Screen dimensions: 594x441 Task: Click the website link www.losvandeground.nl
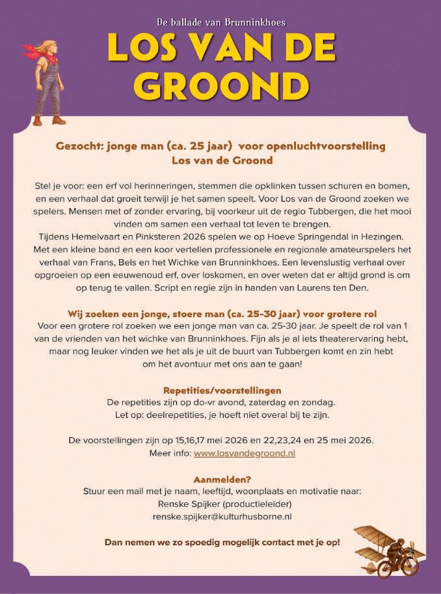[244, 453]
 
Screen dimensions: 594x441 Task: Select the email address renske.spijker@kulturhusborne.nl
[221, 516]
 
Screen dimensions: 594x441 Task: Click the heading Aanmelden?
[221, 478]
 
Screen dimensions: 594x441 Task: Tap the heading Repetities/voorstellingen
[222, 390]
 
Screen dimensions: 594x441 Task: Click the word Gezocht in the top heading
[77, 146]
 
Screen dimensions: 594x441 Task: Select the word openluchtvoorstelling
[332, 146]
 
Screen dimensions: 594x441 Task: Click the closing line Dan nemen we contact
[222, 541]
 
